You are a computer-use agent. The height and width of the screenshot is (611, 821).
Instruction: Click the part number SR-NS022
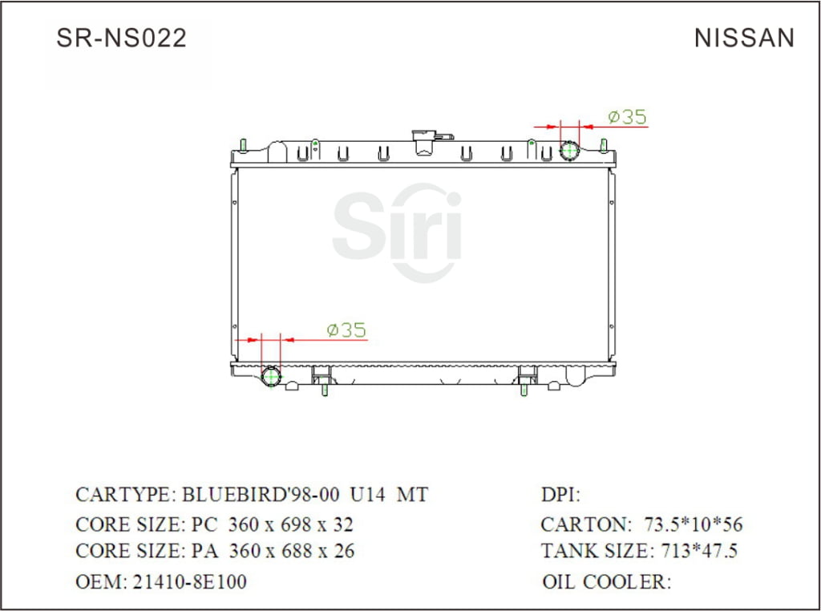pyautogui.click(x=121, y=38)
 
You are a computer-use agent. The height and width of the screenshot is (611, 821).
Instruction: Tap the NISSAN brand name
pyautogui.click(x=744, y=38)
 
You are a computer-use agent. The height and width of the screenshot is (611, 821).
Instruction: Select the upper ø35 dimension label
pyautogui.click(x=627, y=117)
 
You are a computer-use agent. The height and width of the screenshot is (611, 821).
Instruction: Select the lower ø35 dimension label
pyautogui.click(x=346, y=330)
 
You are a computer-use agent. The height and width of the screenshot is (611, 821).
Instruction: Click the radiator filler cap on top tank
pyautogui.click(x=423, y=142)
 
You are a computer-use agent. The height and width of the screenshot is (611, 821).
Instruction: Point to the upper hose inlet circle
pyautogui.click(x=569, y=151)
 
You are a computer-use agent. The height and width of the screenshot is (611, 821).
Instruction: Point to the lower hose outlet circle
pyautogui.click(x=273, y=376)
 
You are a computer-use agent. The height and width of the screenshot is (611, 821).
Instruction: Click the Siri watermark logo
pyautogui.click(x=398, y=233)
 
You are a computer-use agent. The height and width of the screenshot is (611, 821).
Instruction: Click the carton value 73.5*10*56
pyautogui.click(x=694, y=525)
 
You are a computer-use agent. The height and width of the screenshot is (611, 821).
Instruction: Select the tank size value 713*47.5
pyautogui.click(x=698, y=552)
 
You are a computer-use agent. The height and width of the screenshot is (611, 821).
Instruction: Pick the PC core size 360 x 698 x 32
pyautogui.click(x=291, y=525)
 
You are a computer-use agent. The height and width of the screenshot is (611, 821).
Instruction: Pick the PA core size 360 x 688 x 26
pyautogui.click(x=291, y=552)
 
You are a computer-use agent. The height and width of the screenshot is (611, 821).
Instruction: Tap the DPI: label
pyautogui.click(x=561, y=495)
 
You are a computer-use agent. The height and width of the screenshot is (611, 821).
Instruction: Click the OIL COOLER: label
pyautogui.click(x=606, y=581)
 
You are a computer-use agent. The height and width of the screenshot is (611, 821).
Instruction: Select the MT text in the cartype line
pyautogui.click(x=413, y=495)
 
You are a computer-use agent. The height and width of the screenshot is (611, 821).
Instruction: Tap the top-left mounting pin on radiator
pyautogui.click(x=243, y=145)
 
